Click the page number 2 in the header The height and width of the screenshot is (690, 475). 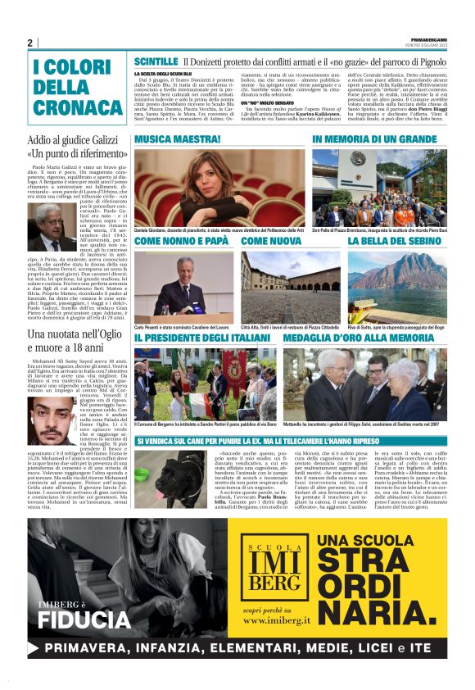coord(29,43)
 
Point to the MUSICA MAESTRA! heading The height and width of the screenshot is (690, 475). coord(174,140)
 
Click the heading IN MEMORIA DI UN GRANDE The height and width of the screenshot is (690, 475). coord(374,140)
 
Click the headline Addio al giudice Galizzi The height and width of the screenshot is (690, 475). coord(72,141)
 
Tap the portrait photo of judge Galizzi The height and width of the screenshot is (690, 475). coord(52,228)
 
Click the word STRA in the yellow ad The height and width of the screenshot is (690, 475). coord(353,561)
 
